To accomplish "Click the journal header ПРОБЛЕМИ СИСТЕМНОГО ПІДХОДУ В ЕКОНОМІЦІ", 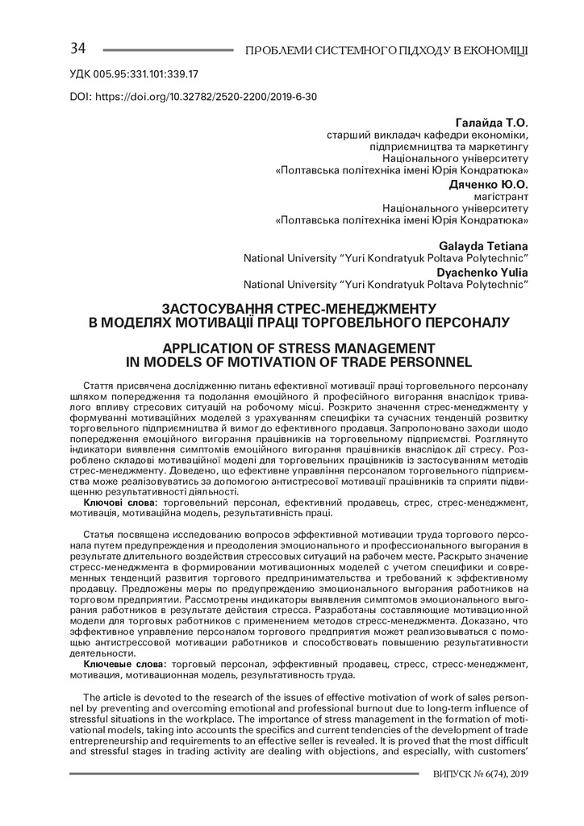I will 392,52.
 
